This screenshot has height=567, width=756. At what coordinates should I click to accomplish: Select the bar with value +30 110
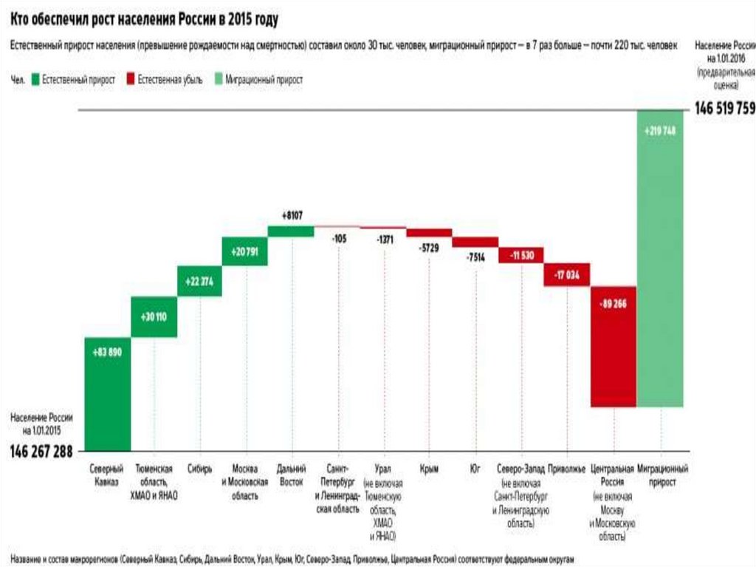[154, 316]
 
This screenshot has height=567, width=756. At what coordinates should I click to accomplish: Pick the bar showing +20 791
[244, 251]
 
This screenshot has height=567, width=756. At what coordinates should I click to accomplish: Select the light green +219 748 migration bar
[660, 259]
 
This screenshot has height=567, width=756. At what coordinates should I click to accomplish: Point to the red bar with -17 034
[568, 274]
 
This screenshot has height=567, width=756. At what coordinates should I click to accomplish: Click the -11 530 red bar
[521, 254]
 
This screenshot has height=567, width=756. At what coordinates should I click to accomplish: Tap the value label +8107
[292, 215]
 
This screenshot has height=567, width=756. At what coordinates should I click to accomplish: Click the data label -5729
[428, 248]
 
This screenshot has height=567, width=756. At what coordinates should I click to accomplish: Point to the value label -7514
[475, 257]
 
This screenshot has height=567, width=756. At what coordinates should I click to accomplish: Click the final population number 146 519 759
[724, 109]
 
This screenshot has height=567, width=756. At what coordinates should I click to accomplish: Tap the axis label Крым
[429, 469]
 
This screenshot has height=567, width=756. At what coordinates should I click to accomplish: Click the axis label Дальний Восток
[291, 475]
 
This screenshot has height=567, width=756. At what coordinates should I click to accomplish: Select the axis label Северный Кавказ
[108, 475]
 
